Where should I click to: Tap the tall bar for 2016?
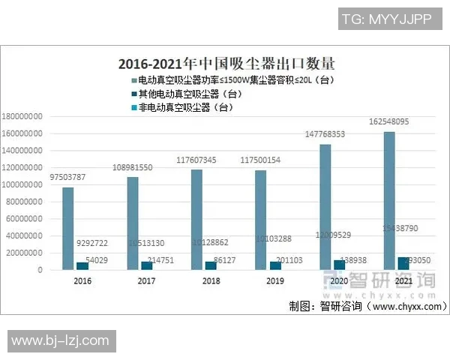67,228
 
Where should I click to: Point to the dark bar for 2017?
146,265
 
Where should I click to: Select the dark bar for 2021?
403,263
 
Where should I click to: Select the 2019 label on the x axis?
274,282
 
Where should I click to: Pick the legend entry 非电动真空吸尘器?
180,108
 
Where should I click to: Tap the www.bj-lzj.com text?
60,341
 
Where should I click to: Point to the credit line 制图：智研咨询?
367,307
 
